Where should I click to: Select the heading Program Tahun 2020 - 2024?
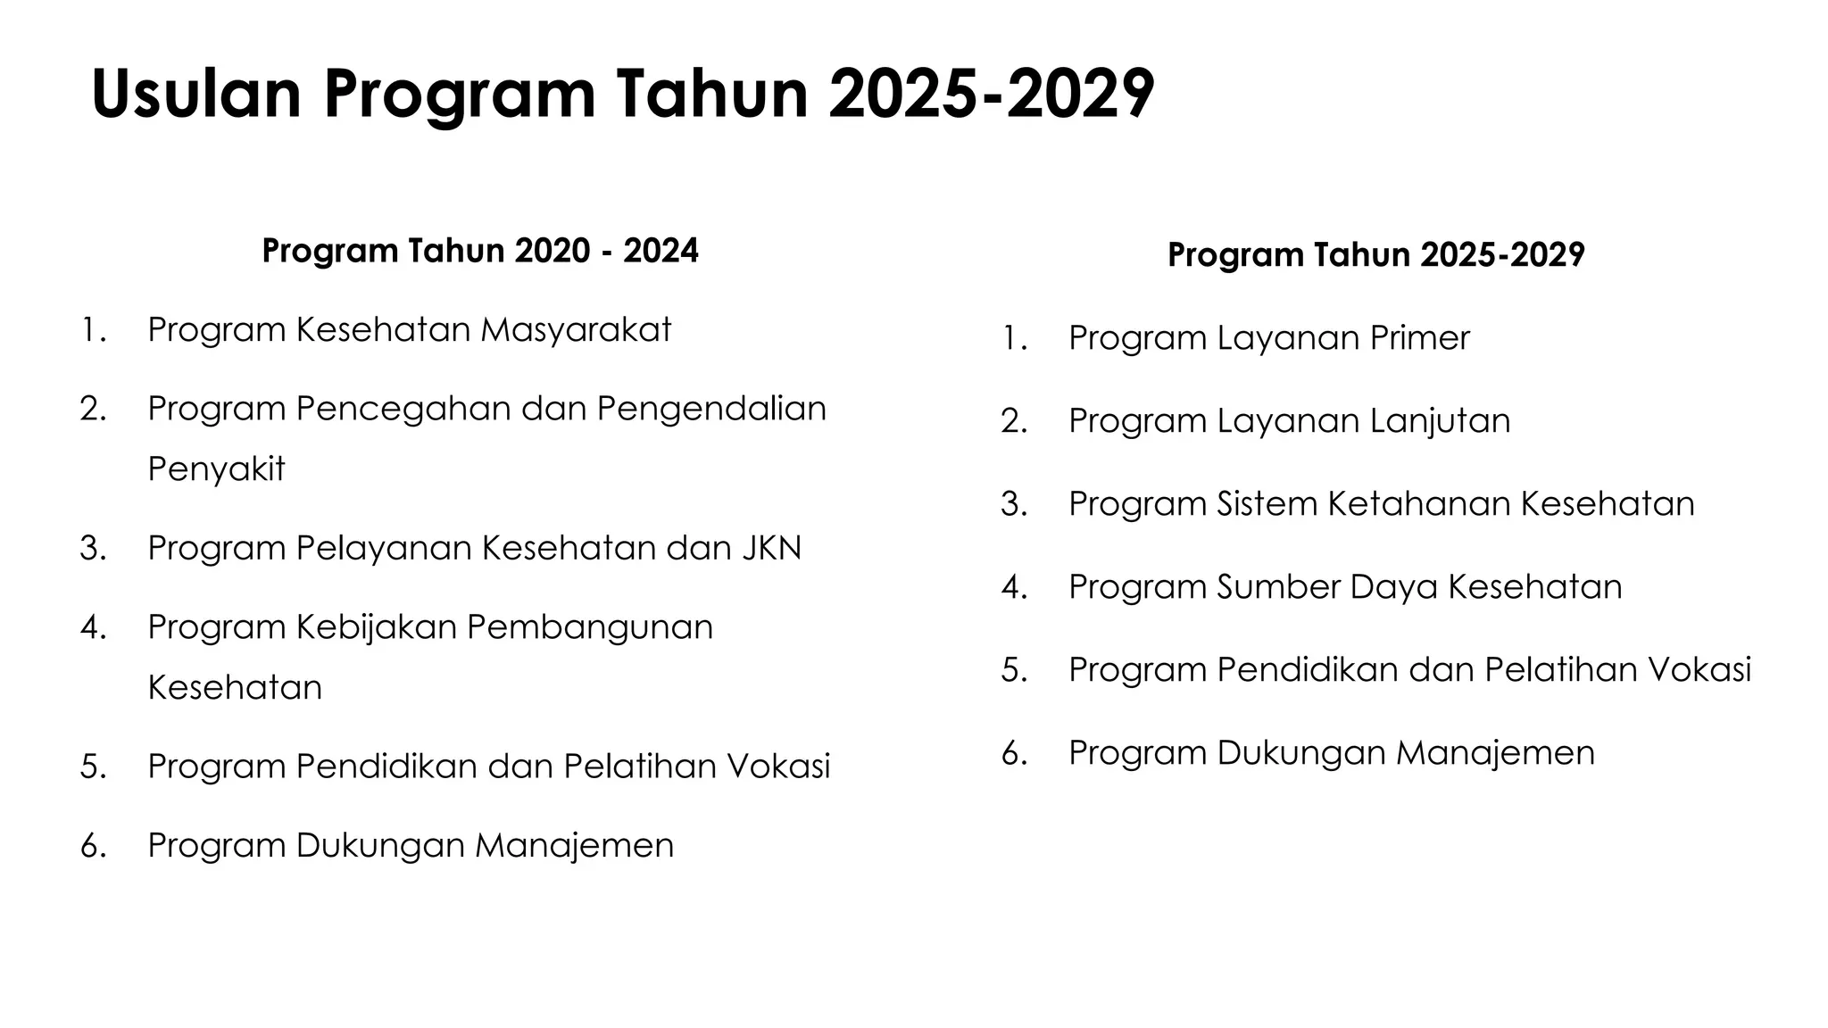480,251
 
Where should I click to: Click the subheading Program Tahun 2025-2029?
1375,255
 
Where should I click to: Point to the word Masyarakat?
576,330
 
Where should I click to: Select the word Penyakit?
216,469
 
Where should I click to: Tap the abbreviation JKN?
771,548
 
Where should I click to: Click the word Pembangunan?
590,627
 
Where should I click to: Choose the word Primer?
1419,338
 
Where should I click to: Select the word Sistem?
1267,504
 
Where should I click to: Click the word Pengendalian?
711,409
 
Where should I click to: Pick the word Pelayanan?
385,548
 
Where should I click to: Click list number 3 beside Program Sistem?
1014,504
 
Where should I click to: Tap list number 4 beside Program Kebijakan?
94,627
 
